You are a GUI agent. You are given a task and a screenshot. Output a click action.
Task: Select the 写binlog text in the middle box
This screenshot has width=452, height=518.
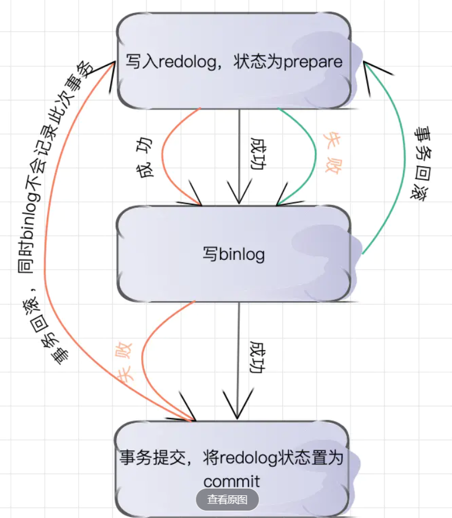[234, 254]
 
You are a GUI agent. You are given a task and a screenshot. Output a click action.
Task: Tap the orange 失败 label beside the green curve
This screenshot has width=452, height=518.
[334, 154]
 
